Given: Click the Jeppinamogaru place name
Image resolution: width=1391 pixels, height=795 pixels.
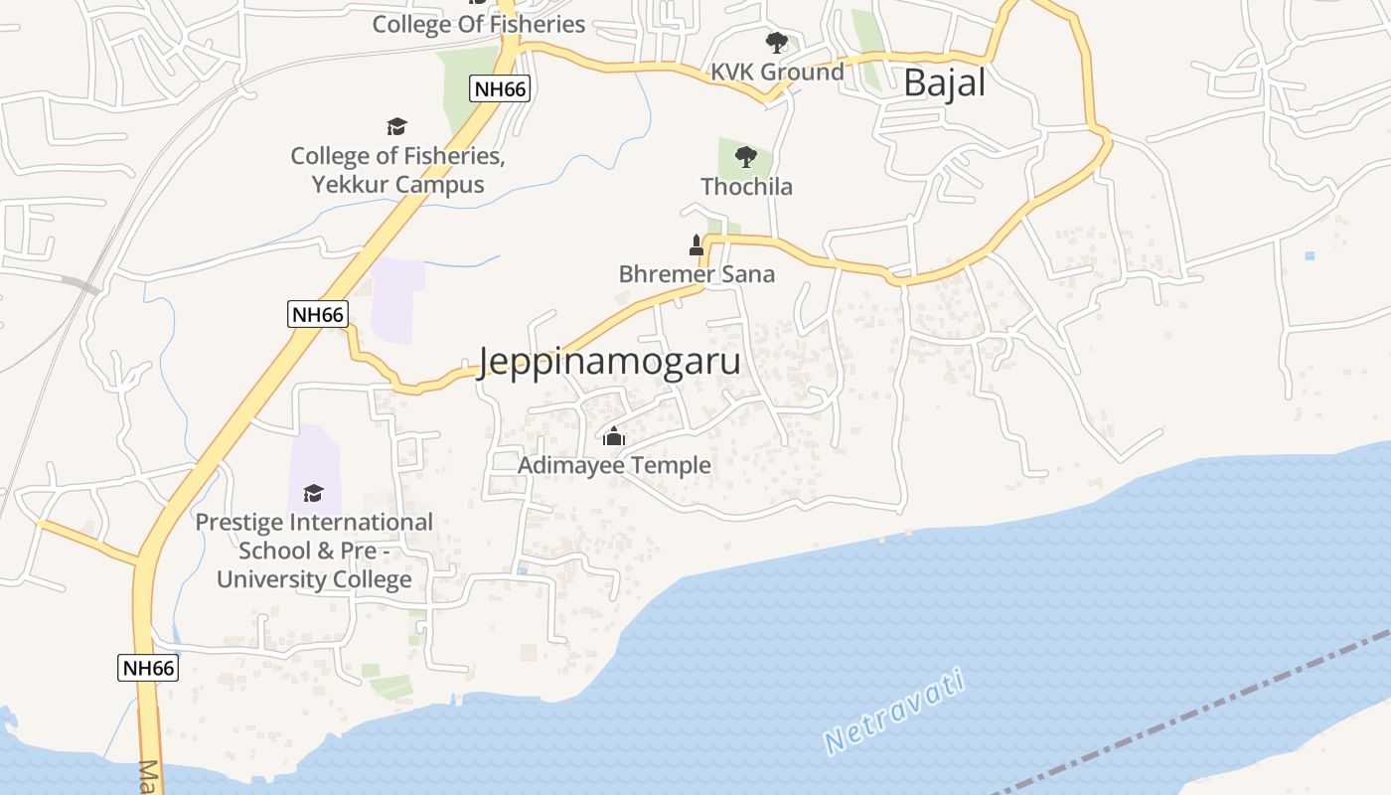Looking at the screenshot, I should [609, 362].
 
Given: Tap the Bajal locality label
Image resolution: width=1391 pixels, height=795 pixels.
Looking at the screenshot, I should [944, 83].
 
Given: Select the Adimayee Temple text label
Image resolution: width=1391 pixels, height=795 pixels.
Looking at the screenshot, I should [614, 465].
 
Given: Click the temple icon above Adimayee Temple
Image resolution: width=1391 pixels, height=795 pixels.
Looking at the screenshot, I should [614, 436].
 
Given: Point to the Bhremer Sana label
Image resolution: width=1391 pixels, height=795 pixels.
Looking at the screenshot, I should [695, 274].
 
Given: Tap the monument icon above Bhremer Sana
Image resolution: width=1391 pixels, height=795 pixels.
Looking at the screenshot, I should [696, 244].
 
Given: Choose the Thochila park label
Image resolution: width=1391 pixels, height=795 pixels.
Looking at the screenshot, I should [746, 187].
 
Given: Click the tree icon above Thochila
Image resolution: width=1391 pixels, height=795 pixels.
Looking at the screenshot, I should [746, 157].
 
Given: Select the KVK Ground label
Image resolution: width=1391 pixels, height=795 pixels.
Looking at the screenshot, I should [776, 72].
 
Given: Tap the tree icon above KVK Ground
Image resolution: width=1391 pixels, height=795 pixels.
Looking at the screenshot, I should [776, 43].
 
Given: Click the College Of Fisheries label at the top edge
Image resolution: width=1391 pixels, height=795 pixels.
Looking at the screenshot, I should [478, 24].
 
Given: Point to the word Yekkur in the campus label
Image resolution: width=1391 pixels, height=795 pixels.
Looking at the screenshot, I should [351, 185].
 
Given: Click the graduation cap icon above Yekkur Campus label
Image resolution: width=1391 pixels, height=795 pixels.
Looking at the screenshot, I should [397, 126].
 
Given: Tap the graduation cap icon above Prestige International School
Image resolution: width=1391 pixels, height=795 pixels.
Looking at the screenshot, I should [314, 493].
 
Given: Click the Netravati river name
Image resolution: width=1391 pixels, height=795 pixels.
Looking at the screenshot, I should [894, 712].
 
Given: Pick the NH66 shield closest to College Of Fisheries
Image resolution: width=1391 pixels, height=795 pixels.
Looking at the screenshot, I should [500, 88].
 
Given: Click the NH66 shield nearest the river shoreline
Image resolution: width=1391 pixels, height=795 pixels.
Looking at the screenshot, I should [148, 668].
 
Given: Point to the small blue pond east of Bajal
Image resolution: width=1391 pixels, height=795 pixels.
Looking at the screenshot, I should [1310, 255].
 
